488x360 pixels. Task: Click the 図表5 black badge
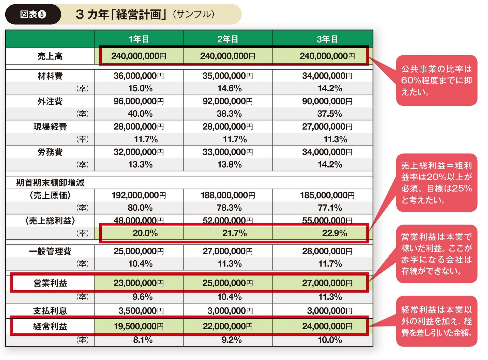33,14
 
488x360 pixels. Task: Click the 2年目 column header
228,39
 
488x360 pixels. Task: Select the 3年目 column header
327,39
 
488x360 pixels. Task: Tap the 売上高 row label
50,56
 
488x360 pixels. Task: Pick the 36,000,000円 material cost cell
139,76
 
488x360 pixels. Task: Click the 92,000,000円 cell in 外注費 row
227,101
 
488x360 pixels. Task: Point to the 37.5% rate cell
329,114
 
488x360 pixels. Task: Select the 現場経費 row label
50,127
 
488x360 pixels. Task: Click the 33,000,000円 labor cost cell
227,152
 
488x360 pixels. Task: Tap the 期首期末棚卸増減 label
50,183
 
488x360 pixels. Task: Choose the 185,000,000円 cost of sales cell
327,195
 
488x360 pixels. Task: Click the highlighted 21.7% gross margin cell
234,233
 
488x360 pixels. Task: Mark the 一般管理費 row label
50,251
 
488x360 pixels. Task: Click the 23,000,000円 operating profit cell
139,283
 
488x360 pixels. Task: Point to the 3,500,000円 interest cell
141,310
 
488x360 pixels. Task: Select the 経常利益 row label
50,326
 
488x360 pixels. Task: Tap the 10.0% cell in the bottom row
330,340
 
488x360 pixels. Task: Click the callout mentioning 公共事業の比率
436,80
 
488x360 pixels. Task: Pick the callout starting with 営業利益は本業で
436,254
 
